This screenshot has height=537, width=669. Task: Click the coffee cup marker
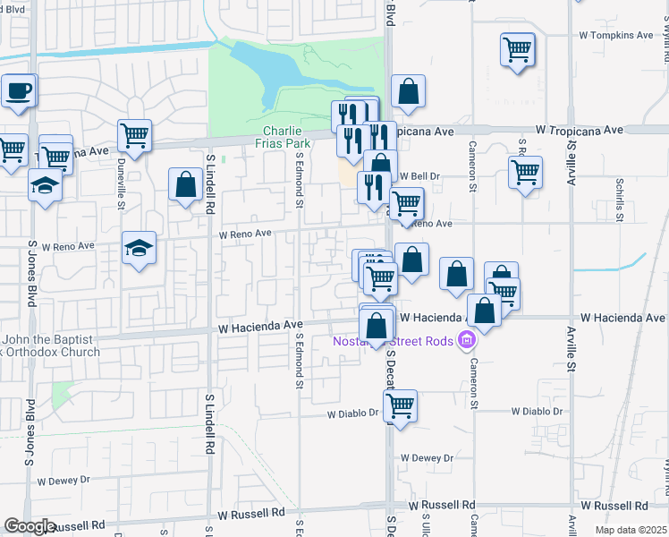coord(18,90)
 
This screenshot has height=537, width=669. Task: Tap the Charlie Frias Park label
coord(286,137)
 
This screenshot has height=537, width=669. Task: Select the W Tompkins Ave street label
coord(617,36)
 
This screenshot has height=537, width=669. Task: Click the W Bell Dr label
coord(421,176)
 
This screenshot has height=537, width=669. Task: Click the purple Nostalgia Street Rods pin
coord(465,340)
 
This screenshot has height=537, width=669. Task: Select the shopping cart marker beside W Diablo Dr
coord(400,405)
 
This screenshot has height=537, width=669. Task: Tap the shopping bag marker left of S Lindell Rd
coord(185,185)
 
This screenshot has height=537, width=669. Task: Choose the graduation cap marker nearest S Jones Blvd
coord(44,186)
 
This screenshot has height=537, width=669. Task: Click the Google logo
coord(30,526)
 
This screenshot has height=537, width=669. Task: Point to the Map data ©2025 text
coord(631,530)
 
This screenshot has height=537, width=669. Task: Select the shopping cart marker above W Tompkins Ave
coord(518,50)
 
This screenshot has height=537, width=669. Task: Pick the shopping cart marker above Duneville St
coord(134,136)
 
